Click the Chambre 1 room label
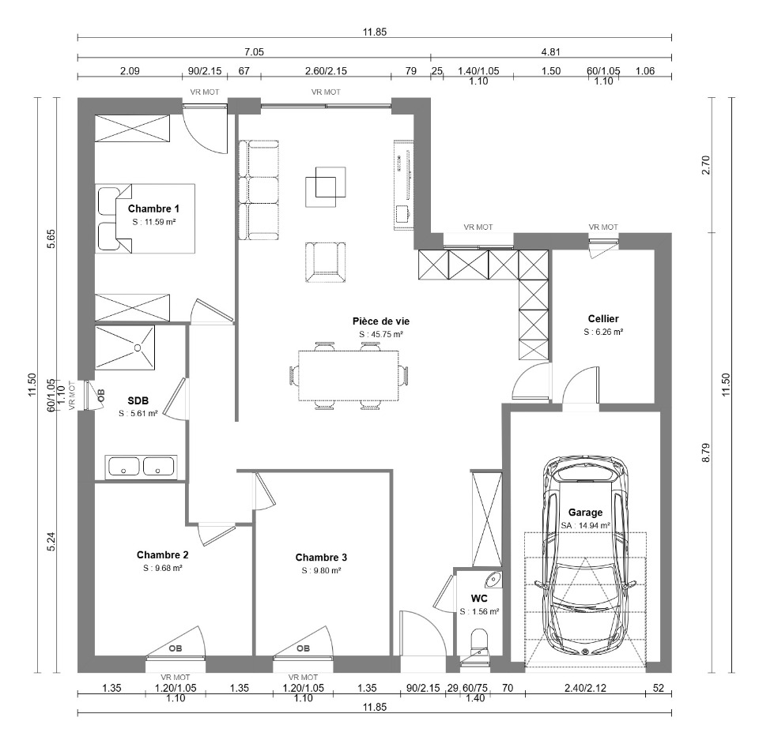153,209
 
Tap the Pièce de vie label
381,321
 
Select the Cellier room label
603,319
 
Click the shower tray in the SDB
125,347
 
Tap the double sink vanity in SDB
142,468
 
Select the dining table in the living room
349,376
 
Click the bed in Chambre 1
145,218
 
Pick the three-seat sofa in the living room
259,190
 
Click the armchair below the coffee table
325,262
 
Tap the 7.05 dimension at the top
254,52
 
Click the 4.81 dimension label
551,52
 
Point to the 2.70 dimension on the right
706,165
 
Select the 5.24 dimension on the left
51,541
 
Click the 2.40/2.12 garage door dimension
585,688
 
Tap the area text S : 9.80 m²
322,571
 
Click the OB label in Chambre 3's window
303,648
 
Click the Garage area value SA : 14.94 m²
585,525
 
